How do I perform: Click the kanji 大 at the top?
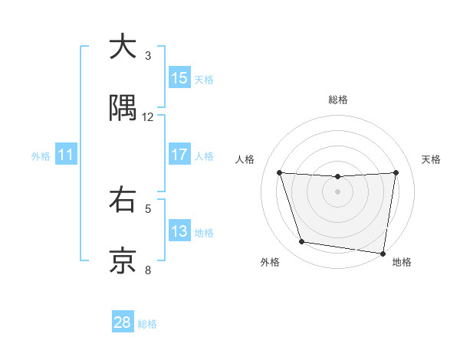(x=123, y=47)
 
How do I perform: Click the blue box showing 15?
(x=179, y=78)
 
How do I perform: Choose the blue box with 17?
(x=179, y=155)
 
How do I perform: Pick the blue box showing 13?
(x=179, y=231)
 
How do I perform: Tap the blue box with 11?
(x=66, y=155)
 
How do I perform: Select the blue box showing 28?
(x=123, y=322)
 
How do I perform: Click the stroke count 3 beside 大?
(x=148, y=56)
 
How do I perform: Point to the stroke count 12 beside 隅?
(x=148, y=117)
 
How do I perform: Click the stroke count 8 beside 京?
(x=148, y=270)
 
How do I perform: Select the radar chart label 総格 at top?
(x=338, y=100)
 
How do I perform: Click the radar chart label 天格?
(x=432, y=159)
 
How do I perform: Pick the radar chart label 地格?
(x=402, y=262)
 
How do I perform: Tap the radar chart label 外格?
(x=270, y=262)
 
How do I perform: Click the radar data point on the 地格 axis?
(x=383, y=252)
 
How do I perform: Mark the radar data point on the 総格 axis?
(x=338, y=177)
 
